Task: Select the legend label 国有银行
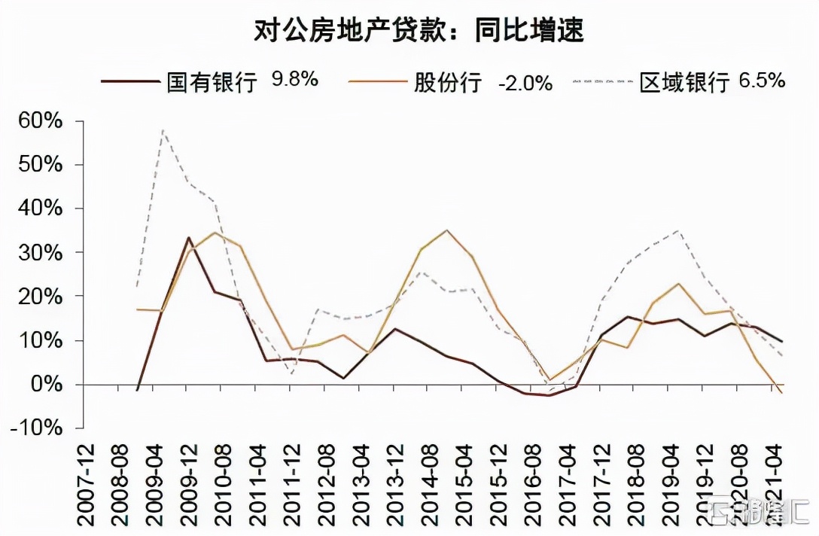coord(212,81)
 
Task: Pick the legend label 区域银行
coord(684,81)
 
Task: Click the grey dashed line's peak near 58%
coord(163,130)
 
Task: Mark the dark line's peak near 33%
coord(189,238)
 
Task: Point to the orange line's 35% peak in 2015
coord(447,230)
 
